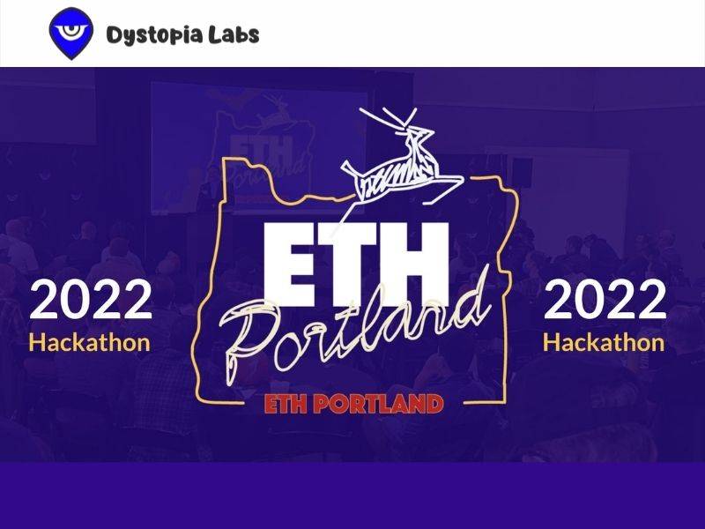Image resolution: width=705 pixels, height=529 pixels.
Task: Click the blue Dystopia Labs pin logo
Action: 71,34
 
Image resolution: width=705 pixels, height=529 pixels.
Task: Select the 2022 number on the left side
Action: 91,299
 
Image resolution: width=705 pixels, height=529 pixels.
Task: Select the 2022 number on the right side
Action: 605,299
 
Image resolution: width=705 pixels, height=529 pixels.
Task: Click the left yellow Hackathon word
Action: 90,342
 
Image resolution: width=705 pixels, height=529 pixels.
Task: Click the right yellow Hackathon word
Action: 604,342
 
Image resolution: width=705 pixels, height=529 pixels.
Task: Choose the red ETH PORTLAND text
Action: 354,404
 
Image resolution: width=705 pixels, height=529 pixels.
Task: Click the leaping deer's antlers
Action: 390,118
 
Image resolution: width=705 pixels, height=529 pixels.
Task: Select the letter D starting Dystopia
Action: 115,34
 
